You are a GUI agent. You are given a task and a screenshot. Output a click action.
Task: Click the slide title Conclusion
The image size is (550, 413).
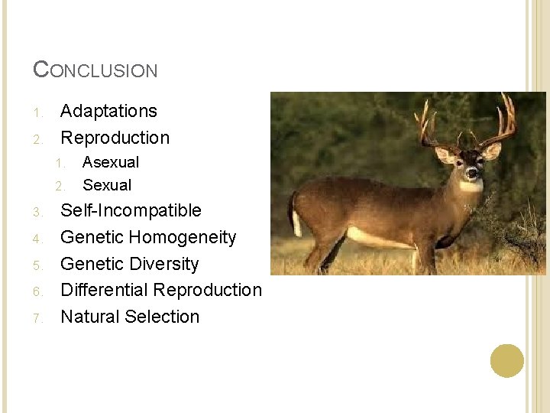pos(95,70)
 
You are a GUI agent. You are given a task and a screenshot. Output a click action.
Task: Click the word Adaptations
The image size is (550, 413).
pos(108,111)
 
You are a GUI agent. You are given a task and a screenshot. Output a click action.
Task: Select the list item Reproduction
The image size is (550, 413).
pos(115,138)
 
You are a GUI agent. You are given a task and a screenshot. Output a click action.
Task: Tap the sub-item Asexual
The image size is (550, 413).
pos(111,162)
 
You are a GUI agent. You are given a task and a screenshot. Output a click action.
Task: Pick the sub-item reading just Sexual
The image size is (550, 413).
pos(107,185)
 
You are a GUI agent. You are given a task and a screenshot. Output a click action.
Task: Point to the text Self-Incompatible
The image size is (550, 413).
pos(131,210)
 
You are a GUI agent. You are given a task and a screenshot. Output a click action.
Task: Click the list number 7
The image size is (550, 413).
pos(37,317)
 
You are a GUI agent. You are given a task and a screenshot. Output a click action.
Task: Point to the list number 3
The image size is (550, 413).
pos(37,211)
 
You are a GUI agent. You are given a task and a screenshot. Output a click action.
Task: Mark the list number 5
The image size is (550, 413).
pos(37,265)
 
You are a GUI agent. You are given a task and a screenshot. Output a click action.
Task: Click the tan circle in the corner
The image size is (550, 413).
pos(507,360)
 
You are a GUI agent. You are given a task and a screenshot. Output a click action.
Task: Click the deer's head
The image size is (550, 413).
pos(467,164)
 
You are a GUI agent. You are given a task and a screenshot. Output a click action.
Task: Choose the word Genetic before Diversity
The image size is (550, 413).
pos(91,264)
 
